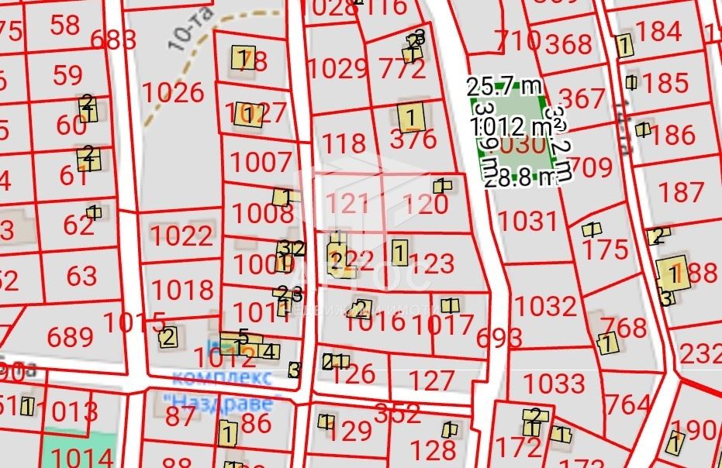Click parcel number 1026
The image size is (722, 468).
pos(173,93)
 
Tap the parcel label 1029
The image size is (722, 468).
pos(337,68)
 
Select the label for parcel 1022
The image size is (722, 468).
pos(181,236)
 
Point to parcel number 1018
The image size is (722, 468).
pos(182,290)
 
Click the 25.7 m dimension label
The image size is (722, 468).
pos(503,84)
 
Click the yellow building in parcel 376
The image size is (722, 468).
pos(411,118)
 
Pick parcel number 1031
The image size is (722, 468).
pos(527,221)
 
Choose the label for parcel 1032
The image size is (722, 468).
pos(546,306)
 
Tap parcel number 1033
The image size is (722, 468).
pos(553,383)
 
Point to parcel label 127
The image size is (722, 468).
pos(430,380)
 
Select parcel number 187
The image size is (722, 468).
pos(679,191)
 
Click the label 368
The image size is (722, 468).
pos(568,44)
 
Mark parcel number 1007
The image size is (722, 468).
pos(261,162)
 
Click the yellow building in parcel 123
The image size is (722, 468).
pos(399,251)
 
